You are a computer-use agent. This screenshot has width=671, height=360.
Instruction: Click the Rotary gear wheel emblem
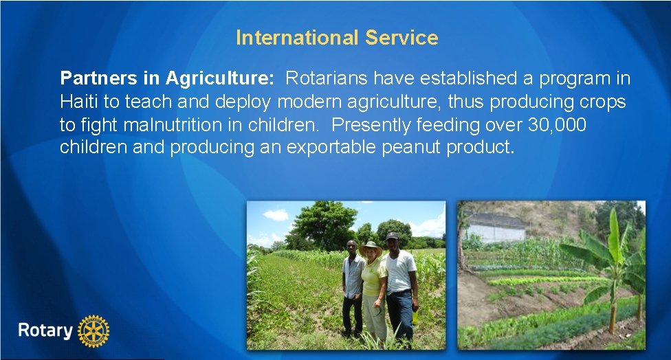coord(94,331)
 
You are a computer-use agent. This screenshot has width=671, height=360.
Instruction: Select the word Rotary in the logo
coord(45,330)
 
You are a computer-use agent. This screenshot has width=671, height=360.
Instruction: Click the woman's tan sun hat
coord(371,247)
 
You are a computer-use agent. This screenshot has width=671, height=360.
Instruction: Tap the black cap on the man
coord(392,236)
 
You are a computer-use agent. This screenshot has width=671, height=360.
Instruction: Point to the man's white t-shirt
coord(399,271)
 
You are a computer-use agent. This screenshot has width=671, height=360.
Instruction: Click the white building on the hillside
coord(495,227)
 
